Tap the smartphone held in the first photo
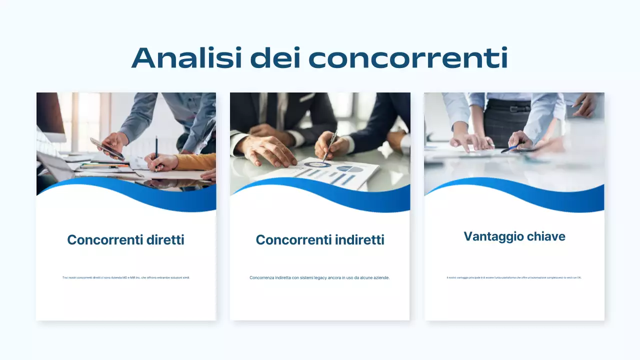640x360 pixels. tap(107, 149)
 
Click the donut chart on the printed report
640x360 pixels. tap(317, 164)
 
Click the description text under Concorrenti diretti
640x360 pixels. tap(126, 277)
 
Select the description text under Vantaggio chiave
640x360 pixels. tap(514, 277)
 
